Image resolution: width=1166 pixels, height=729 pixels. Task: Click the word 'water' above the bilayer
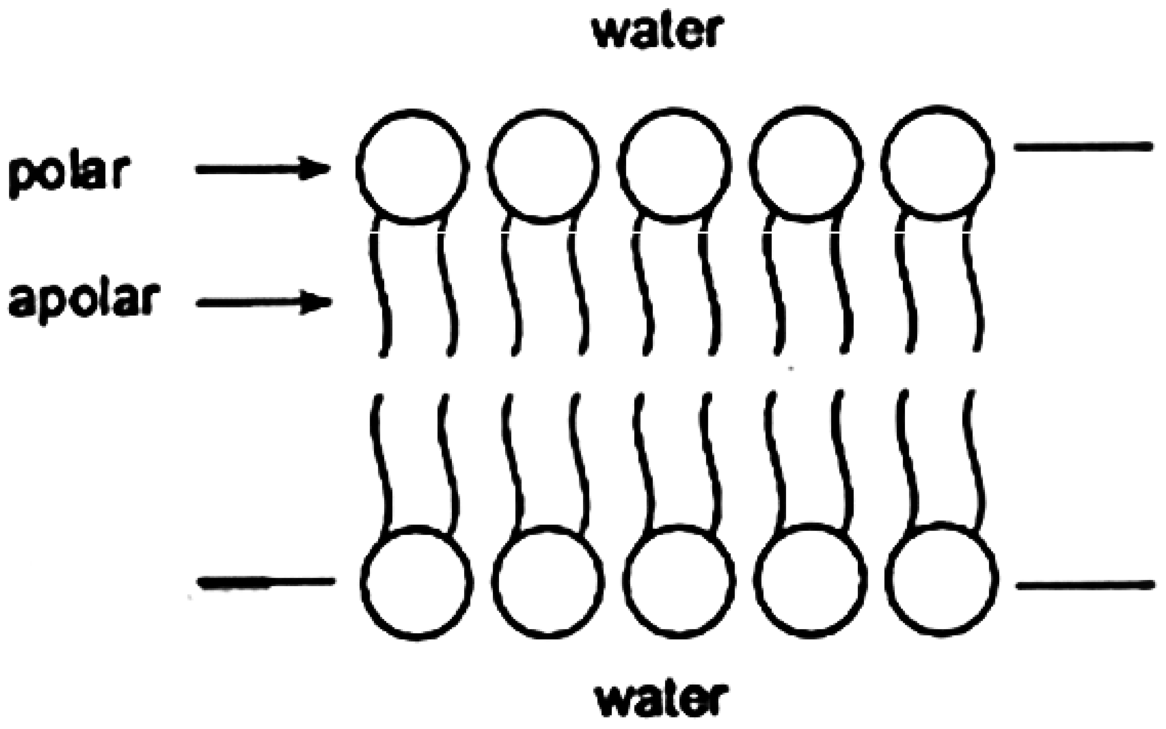click(658, 32)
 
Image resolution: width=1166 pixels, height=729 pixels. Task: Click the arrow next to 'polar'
click(263, 169)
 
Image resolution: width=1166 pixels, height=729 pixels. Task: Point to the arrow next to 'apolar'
click(264, 302)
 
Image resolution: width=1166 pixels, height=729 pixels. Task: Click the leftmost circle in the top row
click(412, 166)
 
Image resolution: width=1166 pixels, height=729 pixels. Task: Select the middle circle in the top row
click(674, 165)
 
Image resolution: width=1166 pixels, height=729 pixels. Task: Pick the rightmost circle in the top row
click(937, 163)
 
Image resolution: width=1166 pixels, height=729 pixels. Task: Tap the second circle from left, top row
click(543, 166)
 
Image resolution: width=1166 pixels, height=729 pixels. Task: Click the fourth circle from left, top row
click(806, 164)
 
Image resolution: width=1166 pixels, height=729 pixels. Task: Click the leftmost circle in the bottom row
click(417, 582)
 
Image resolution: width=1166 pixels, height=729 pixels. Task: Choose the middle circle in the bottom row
click(679, 581)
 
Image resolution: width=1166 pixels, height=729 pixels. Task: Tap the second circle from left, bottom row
click(548, 582)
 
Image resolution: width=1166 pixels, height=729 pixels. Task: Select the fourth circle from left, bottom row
click(810, 580)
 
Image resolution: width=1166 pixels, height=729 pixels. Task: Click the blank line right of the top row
click(1083, 146)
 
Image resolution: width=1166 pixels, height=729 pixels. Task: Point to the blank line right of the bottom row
click(1085, 585)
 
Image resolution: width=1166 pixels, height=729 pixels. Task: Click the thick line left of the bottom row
click(266, 582)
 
